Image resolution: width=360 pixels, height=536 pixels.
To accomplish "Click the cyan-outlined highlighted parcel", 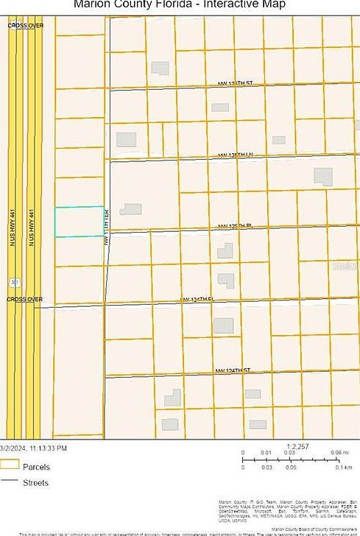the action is pyautogui.click(x=80, y=222).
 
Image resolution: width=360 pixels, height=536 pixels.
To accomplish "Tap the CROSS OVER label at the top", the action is pyautogui.click(x=25, y=25).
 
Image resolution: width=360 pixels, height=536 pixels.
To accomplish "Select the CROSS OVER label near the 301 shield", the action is pyautogui.click(x=25, y=299).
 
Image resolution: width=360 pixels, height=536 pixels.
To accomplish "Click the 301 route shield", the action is pyautogui.click(x=14, y=282).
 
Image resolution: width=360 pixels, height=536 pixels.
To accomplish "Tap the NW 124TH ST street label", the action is pyautogui.click(x=233, y=370).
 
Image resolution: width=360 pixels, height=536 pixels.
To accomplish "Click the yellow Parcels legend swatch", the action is pyautogui.click(x=10, y=465).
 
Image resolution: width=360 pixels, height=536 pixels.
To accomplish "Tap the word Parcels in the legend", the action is pyautogui.click(x=36, y=467).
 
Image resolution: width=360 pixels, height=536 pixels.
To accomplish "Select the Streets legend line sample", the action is pyautogui.click(x=10, y=482).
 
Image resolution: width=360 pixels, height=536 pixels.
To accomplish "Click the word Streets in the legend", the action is pyautogui.click(x=36, y=483).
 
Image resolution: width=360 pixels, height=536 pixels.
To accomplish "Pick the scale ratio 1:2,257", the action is pyautogui.click(x=297, y=445).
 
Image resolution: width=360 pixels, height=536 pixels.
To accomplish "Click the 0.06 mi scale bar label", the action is pyautogui.click(x=339, y=453).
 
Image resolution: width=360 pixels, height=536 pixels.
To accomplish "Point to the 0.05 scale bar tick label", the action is pyautogui.click(x=291, y=468).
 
